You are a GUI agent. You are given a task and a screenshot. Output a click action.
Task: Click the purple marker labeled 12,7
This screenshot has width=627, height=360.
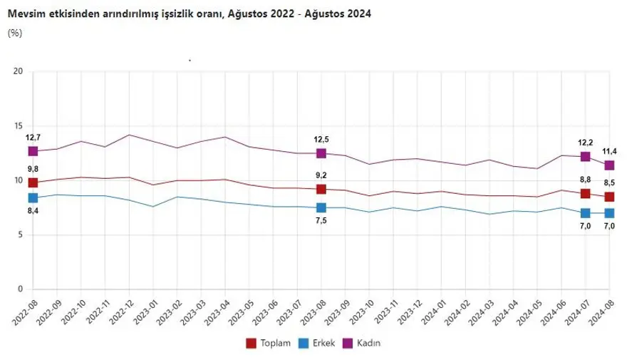(33, 151)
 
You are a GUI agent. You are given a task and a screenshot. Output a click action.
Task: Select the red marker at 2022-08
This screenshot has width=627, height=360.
(33, 183)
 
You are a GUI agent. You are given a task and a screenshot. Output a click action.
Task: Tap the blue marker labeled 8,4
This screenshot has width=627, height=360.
(33, 197)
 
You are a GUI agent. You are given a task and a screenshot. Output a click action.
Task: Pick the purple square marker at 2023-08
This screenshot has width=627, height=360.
(321, 153)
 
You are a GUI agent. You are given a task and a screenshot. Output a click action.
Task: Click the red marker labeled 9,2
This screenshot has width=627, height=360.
(321, 189)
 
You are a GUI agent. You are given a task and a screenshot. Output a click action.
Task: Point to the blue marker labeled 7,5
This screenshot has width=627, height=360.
(321, 207)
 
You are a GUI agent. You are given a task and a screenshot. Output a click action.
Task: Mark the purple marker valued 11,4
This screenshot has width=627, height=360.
(609, 165)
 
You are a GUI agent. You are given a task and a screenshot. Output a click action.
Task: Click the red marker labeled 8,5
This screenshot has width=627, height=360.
(609, 197)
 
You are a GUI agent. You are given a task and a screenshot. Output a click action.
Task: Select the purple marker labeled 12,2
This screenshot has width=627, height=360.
(586, 156)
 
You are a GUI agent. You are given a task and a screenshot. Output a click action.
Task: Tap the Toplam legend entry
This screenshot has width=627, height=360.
(268, 344)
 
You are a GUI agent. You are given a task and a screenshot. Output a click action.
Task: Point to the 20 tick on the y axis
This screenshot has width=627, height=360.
(19, 71)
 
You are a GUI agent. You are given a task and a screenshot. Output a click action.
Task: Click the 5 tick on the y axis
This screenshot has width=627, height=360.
(21, 235)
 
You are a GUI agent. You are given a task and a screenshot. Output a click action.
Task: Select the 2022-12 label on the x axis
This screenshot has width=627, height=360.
(120, 311)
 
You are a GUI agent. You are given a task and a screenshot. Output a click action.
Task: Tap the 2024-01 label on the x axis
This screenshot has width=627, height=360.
(432, 311)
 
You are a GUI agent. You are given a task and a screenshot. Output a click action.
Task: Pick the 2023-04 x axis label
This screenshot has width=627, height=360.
(216, 311)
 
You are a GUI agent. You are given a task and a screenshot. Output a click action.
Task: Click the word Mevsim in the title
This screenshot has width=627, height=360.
(24, 14)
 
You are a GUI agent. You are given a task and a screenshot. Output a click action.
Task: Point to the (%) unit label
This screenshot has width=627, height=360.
(15, 33)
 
